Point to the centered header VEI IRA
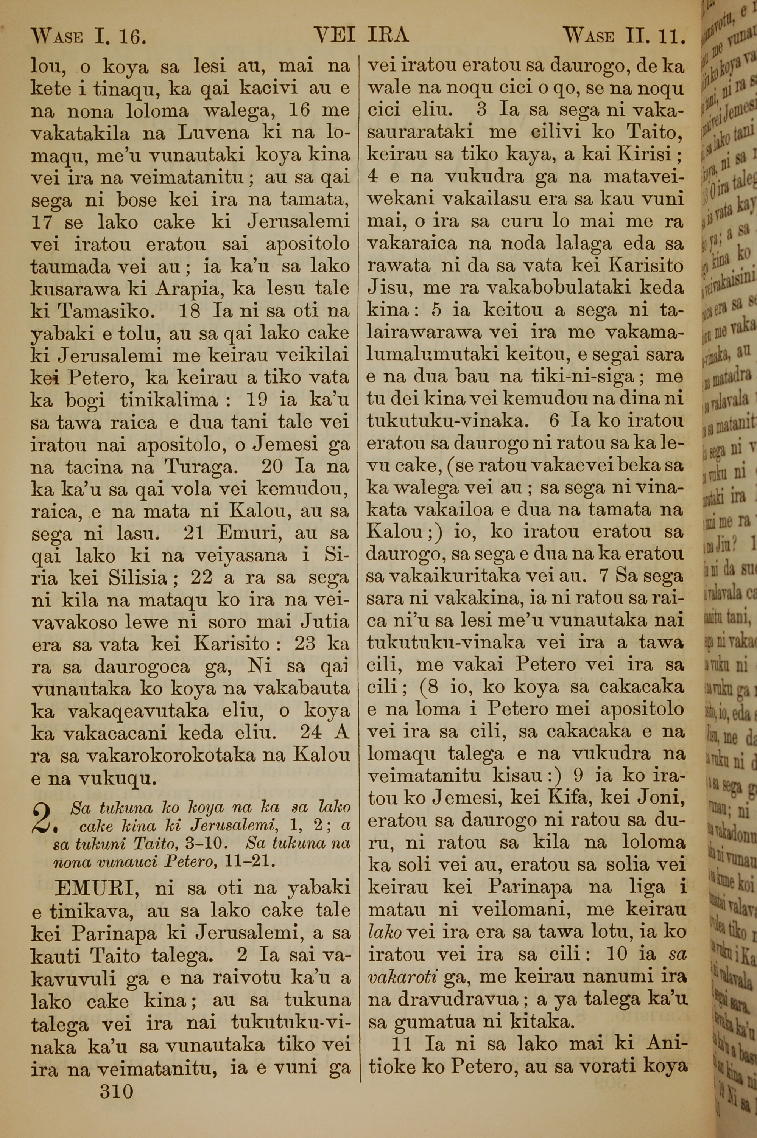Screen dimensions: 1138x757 361,35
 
